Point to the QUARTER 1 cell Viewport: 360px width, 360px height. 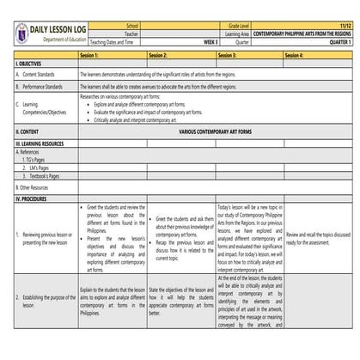[x=339, y=41]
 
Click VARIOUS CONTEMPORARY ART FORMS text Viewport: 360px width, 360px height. [x=215, y=131]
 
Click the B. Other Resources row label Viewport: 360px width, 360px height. [x=35, y=186]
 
